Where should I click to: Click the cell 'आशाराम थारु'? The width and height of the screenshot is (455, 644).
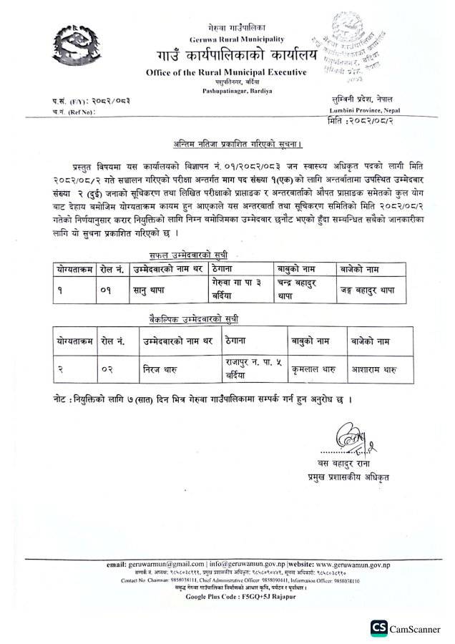coord(372,370)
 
